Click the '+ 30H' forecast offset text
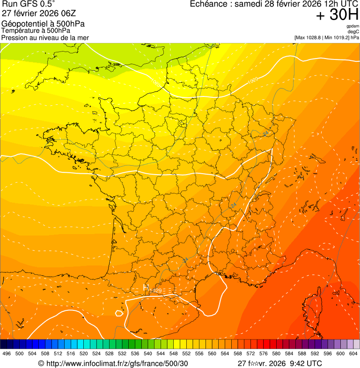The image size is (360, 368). pyautogui.click(x=337, y=15)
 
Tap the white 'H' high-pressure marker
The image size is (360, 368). pyautogui.click(x=146, y=287)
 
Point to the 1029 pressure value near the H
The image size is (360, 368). pyautogui.click(x=156, y=291)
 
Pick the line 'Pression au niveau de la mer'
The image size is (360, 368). pyautogui.click(x=45, y=37)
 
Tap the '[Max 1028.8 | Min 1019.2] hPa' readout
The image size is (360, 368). pyautogui.click(x=326, y=37)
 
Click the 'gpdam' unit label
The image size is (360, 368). pyautogui.click(x=353, y=26)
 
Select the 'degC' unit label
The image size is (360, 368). pyautogui.click(x=353, y=32)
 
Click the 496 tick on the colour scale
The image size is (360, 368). pyautogui.click(x=6, y=354)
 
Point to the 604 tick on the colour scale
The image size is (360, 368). pyautogui.click(x=353, y=354)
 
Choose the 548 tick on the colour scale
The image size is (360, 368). pyautogui.click(x=173, y=354)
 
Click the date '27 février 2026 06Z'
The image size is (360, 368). pyautogui.click(x=39, y=13)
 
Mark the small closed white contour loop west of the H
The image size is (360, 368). pyautogui.click(x=119, y=313)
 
